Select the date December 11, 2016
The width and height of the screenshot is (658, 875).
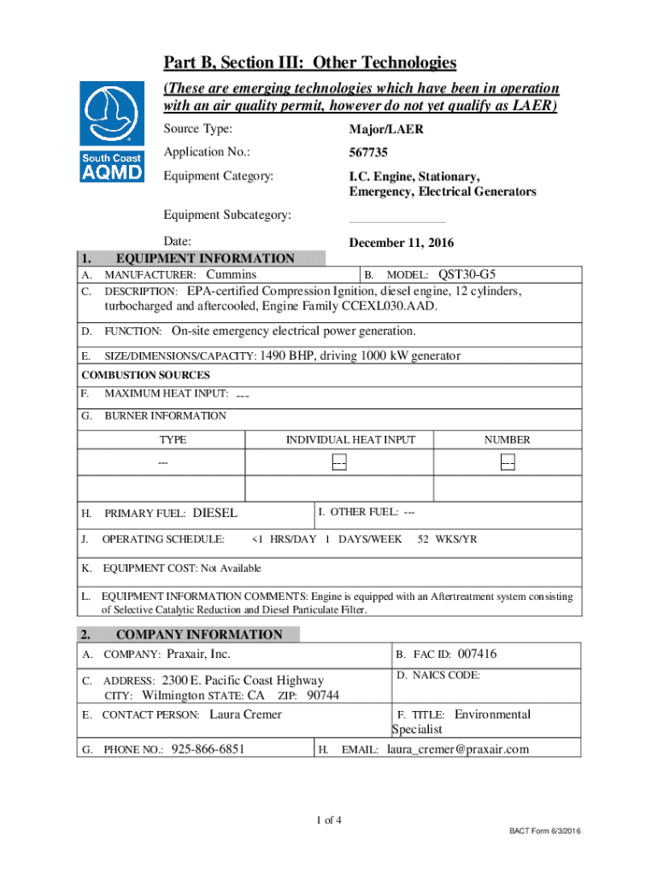point(401,242)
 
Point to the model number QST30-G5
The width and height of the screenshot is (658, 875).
point(467,274)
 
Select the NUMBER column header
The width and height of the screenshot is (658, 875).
point(507,439)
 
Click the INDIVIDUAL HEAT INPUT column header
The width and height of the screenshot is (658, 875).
point(350,439)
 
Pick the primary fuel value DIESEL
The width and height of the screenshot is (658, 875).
point(216,514)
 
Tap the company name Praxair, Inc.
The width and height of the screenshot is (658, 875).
point(198,654)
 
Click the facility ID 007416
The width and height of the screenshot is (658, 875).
point(477,654)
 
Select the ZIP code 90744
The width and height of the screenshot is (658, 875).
point(323,695)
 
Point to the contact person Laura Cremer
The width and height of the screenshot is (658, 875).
point(245,714)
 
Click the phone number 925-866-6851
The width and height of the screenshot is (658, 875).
point(209,749)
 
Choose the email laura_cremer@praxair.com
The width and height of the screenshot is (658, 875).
point(458,749)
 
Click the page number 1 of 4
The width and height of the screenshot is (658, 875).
point(328,821)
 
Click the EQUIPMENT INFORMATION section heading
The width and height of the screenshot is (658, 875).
point(205,259)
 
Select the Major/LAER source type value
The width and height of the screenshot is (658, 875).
point(385,130)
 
